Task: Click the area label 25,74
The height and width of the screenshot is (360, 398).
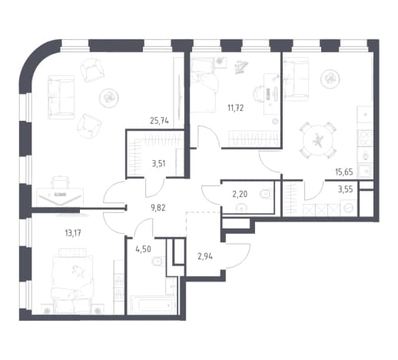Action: click(159, 121)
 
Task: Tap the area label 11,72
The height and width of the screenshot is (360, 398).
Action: click(236, 108)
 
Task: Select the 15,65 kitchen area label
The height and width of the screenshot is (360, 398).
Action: click(344, 172)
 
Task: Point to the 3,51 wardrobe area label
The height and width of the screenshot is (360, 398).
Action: click(158, 163)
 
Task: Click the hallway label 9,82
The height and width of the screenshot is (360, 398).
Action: click(158, 208)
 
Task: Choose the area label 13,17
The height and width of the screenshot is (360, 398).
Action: click(73, 233)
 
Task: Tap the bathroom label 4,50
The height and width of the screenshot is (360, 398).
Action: click(144, 248)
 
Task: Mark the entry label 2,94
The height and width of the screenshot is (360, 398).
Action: click(205, 256)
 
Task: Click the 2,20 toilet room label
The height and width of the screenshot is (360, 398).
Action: click(240, 194)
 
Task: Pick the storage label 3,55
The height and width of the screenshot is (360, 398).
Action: click(346, 189)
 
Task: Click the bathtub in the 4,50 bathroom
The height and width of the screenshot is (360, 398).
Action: click(154, 305)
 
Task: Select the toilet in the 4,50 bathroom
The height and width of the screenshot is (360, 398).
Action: click(158, 262)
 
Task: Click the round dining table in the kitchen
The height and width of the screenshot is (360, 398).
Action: click(318, 141)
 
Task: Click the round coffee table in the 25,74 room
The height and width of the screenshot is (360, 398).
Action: click(109, 98)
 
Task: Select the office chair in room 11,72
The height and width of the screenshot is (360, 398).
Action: click(259, 94)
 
